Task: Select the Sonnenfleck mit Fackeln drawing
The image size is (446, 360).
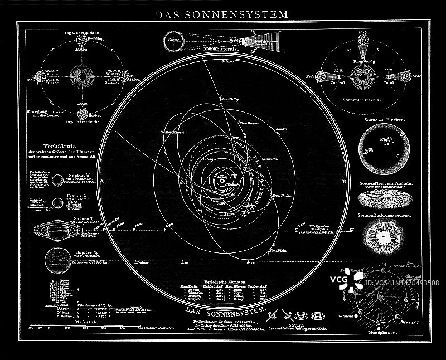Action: click(382, 197)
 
